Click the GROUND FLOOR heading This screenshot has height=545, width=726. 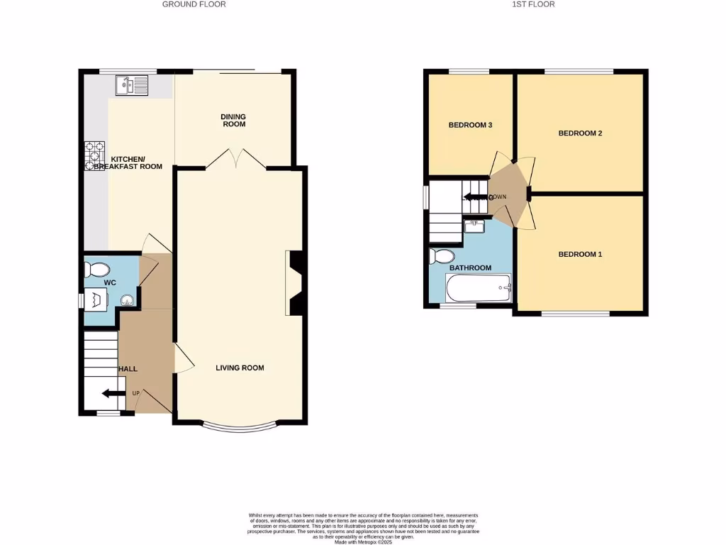(194, 4)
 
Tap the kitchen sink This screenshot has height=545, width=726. (132, 86)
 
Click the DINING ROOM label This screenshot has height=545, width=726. (233, 120)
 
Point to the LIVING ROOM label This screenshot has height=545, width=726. (240, 368)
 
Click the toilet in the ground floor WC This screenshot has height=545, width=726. (97, 270)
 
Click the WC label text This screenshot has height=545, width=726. (110, 283)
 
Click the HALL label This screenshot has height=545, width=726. (128, 369)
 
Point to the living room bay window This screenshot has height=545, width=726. (240, 428)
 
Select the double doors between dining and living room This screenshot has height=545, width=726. (235, 160)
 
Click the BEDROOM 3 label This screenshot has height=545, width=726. (470, 125)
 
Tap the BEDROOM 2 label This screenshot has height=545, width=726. (580, 133)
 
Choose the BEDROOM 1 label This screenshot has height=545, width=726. (580, 254)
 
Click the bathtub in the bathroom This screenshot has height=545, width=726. (479, 288)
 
